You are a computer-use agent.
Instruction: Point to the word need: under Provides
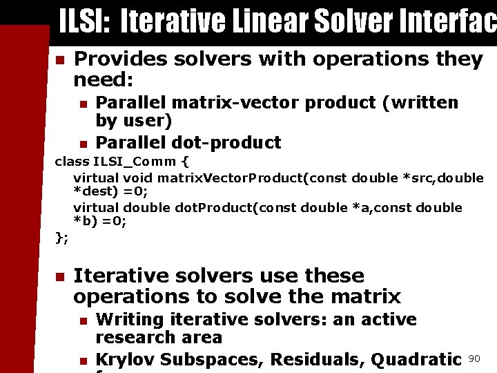tap(103, 80)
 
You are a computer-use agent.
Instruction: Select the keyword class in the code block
tap(72, 163)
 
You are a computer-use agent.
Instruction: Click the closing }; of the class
tap(61, 238)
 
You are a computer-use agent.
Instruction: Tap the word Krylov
tap(125, 360)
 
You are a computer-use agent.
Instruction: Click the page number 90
tap(474, 358)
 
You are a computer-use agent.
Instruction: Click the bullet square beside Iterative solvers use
tap(60, 277)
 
